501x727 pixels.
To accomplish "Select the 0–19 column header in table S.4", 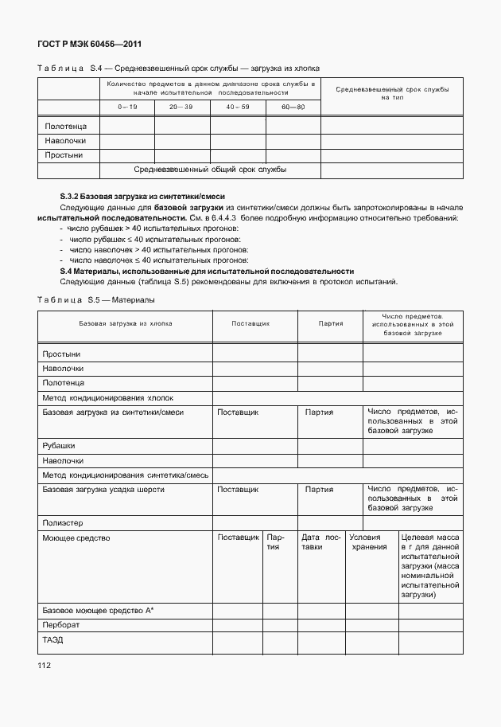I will pyautogui.click(x=126, y=107).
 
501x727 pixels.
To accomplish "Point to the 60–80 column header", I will pyautogui.click(x=292, y=107).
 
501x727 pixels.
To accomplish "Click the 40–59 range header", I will pyautogui.click(x=237, y=107).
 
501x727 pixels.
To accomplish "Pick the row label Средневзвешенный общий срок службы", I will pyautogui.click(x=210, y=170).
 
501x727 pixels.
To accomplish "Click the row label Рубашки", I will pyautogui.click(x=59, y=446).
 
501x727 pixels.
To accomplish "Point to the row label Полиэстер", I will pyautogui.click(x=63, y=523).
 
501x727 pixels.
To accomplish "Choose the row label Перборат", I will pyautogui.click(x=60, y=625).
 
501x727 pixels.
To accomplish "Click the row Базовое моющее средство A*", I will pyautogui.click(x=98, y=610).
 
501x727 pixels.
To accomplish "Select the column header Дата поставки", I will pyautogui.click(x=321, y=542).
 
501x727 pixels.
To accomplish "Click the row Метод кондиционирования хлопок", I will pyautogui.click(x=107, y=397).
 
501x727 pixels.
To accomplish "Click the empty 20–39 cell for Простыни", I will pyautogui.click(x=182, y=154).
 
